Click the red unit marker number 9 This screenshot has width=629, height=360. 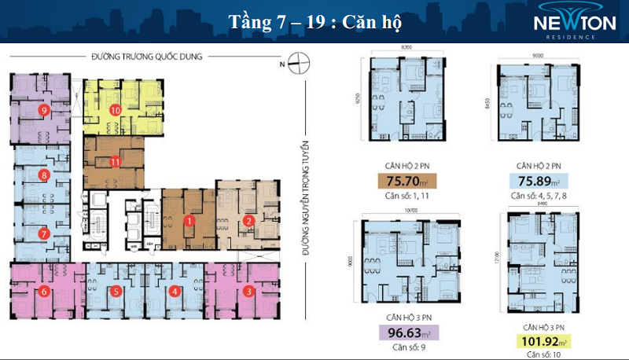click(x=44, y=110)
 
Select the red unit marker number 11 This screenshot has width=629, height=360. click(x=115, y=163)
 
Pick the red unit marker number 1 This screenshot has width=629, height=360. click(x=189, y=221)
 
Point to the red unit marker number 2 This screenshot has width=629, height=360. click(x=248, y=221)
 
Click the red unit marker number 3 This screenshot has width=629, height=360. click(x=248, y=292)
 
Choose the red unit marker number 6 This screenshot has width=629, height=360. click(x=44, y=292)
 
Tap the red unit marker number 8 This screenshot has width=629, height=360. click(x=44, y=175)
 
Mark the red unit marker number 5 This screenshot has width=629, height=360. click(x=116, y=292)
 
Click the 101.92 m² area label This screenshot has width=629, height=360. click(x=541, y=342)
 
